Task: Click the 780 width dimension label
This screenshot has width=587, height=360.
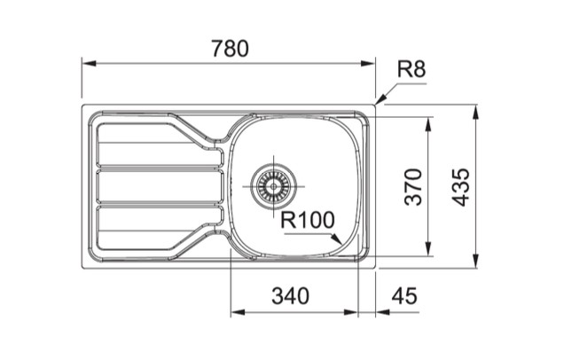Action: pyautogui.click(x=230, y=49)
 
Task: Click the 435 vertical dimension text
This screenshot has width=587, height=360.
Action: pyautogui.click(x=461, y=187)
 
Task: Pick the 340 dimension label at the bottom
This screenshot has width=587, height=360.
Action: pyautogui.click(x=291, y=296)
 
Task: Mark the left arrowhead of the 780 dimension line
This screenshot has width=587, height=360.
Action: pyautogui.click(x=87, y=63)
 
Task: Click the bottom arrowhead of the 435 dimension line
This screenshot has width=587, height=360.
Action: pyautogui.click(x=478, y=262)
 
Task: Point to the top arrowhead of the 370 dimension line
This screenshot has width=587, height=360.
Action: pyautogui.click(x=430, y=122)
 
